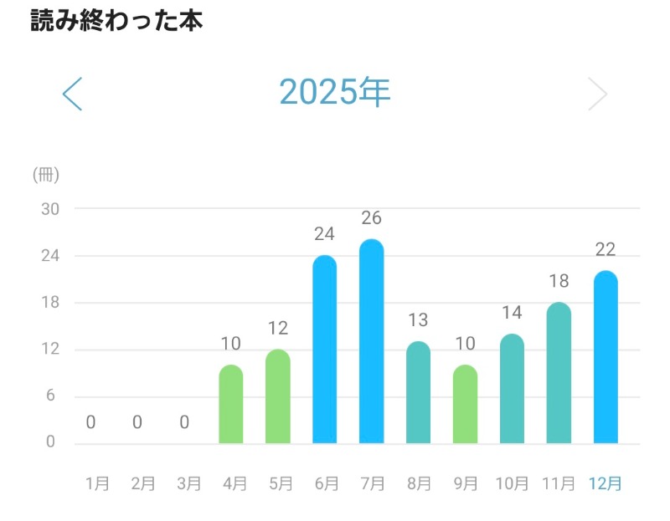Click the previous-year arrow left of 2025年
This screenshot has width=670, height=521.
click(73, 94)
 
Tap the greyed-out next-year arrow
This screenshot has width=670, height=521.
click(597, 94)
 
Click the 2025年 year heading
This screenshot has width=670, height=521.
click(335, 93)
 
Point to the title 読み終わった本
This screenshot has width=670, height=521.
click(116, 20)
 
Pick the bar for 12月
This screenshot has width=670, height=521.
click(606, 357)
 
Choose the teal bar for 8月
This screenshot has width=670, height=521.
click(419, 392)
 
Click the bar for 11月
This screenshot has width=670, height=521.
click(559, 373)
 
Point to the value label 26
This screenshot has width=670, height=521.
click(372, 218)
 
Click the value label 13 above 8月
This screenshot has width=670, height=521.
click(419, 320)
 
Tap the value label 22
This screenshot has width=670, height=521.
click(606, 250)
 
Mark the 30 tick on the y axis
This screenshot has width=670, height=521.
click(50, 208)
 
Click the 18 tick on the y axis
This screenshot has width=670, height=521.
click(50, 302)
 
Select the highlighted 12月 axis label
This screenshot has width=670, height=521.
click(606, 483)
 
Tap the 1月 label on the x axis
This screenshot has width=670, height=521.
click(97, 483)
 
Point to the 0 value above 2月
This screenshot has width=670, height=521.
click(137, 422)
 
